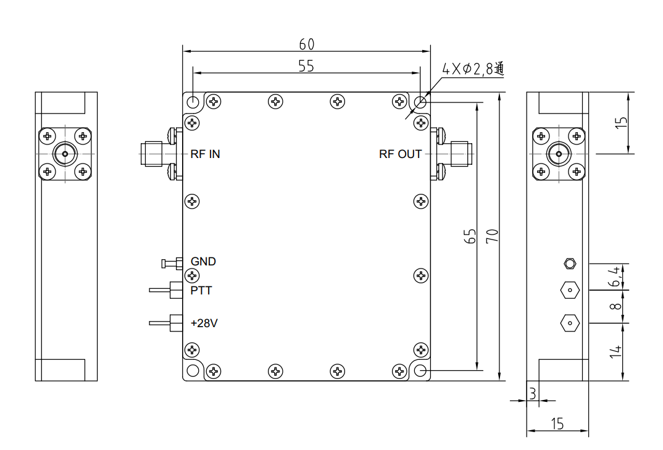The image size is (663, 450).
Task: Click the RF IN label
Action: [205, 154]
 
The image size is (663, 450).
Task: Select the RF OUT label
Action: [400, 154]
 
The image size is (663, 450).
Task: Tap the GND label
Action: [203, 262]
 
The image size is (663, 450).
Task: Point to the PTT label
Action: [201, 290]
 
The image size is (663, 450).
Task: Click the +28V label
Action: [204, 323]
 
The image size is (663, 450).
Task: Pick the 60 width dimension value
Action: [307, 44]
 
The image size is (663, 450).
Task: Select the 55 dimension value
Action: [306, 66]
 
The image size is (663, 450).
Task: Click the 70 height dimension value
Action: [492, 236]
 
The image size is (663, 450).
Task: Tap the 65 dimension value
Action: [470, 236]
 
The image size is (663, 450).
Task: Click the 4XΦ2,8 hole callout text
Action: [473, 69]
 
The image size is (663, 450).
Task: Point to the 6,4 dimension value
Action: [614, 277]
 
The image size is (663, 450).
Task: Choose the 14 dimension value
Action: [615, 352]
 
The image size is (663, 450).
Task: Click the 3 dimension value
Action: [533, 393]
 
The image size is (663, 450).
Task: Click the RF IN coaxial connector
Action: [151, 154]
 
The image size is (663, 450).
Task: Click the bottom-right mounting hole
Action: [420, 370]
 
